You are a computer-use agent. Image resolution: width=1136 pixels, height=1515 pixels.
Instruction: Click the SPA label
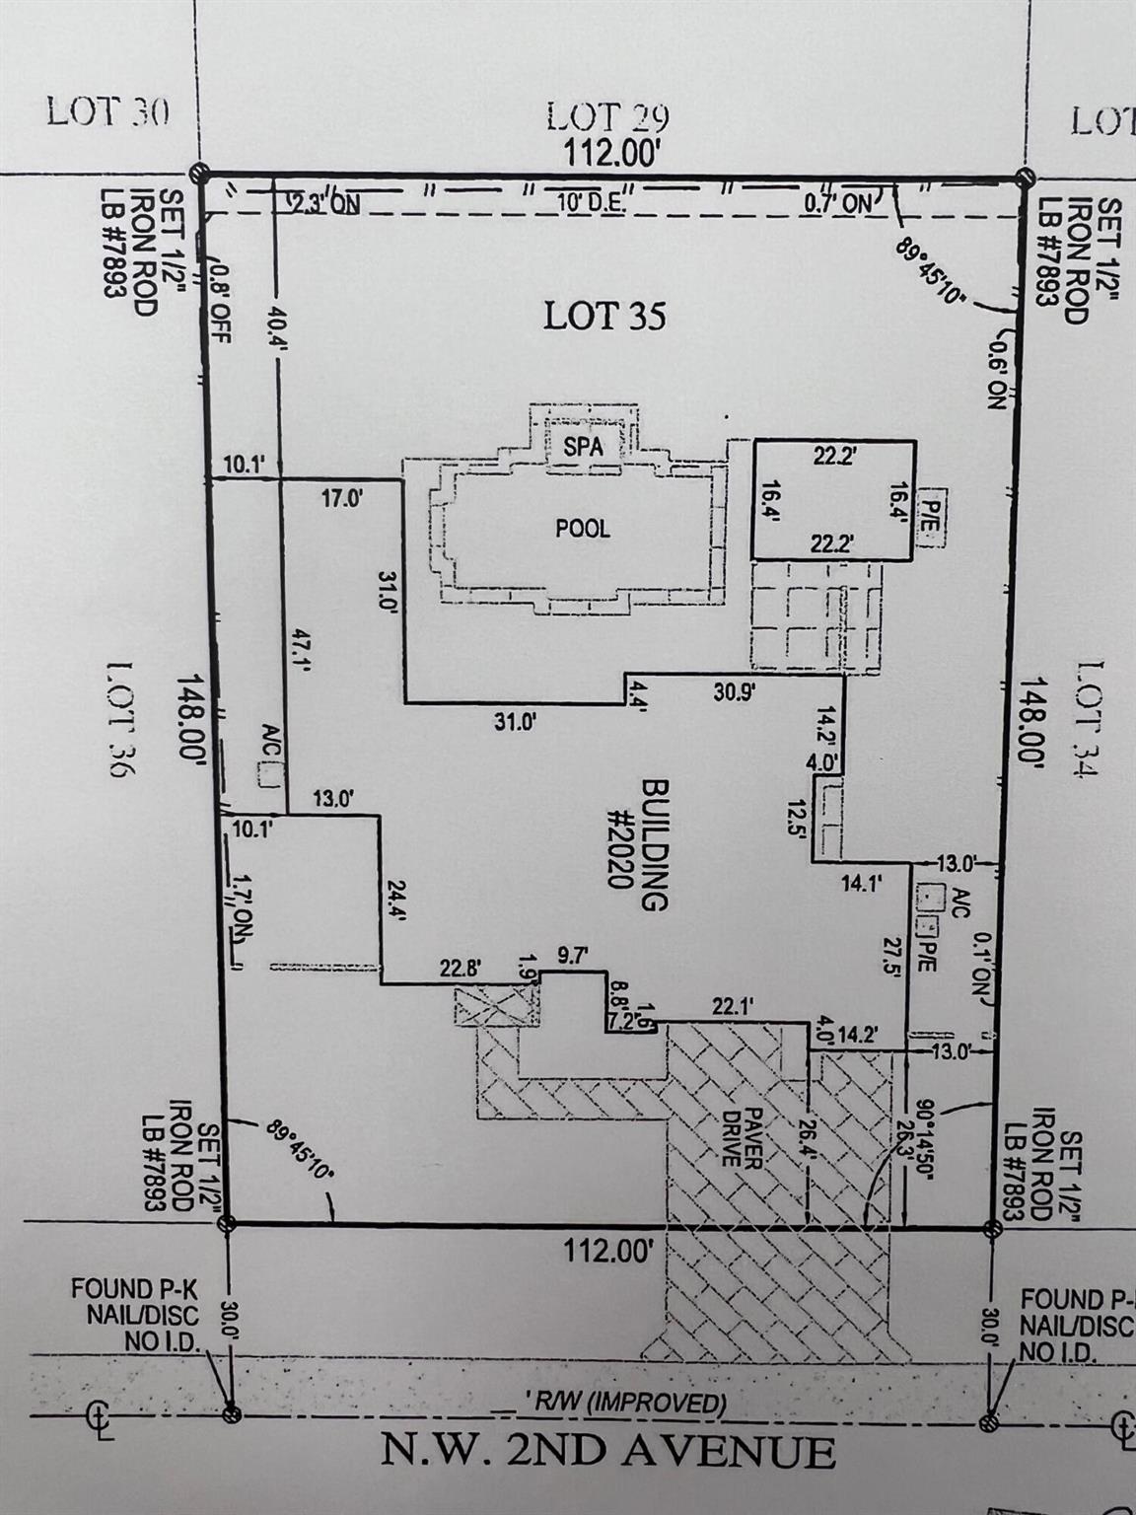pyautogui.click(x=583, y=445)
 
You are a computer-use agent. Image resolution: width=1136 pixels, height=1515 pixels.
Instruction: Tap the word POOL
pyautogui.click(x=583, y=528)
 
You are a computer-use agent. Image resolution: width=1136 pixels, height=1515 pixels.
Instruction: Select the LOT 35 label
pyautogui.click(x=605, y=317)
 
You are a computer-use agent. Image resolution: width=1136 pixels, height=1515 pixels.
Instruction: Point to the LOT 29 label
pyautogui.click(x=608, y=119)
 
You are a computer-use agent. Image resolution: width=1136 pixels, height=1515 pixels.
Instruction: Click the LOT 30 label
pyautogui.click(x=107, y=111)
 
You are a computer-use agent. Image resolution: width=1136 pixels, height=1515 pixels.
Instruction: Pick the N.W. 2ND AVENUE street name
pyautogui.click(x=608, y=1453)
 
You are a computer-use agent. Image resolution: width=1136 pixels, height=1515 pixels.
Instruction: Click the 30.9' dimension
pyautogui.click(x=736, y=692)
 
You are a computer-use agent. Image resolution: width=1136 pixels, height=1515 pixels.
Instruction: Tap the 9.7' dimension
pyautogui.click(x=571, y=955)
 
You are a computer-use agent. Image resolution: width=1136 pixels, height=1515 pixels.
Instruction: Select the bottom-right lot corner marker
pyautogui.click(x=993, y=1228)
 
